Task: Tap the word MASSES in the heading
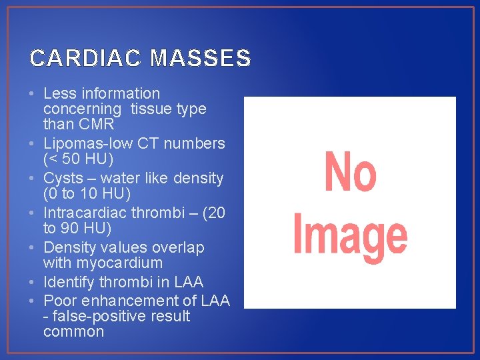[x=201, y=59]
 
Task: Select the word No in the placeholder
[x=350, y=173]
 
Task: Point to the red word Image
[x=350, y=234]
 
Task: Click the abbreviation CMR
[x=97, y=124]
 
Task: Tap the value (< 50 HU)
[x=78, y=159]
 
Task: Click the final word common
[x=73, y=331]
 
